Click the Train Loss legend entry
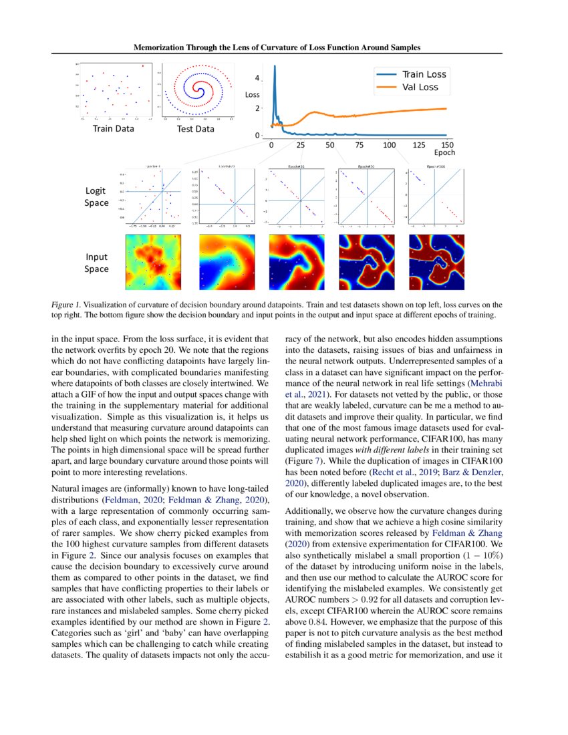[424, 73]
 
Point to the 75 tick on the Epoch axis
[360, 145]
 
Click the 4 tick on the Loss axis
[258, 79]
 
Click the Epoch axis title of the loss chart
[444, 153]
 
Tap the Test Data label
[196, 128]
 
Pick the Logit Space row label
[96, 196]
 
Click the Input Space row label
[96, 262]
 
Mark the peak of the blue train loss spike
[274, 66]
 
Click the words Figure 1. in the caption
[67, 305]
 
